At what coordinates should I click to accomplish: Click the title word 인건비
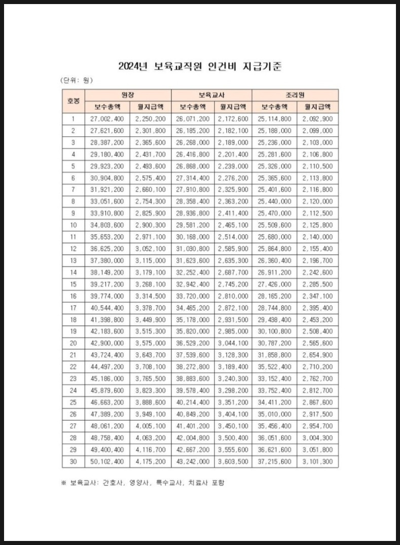point(222,66)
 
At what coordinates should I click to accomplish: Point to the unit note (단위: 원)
point(77,80)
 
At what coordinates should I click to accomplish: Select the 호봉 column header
point(73,101)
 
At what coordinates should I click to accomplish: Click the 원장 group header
point(128,95)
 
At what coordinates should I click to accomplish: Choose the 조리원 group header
point(295,95)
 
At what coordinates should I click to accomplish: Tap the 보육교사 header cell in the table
point(211,95)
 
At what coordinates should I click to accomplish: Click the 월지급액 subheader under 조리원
point(317,107)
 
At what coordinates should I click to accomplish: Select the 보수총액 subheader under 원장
point(106,107)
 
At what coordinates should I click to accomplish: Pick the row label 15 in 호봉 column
point(73,284)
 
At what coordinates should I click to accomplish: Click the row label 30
point(73,461)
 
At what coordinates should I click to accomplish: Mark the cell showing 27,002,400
point(106,119)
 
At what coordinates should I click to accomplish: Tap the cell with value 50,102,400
point(106,461)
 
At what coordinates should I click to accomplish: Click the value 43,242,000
point(192,461)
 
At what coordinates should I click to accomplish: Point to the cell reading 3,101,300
point(317,461)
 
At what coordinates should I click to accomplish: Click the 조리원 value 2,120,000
point(317,202)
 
